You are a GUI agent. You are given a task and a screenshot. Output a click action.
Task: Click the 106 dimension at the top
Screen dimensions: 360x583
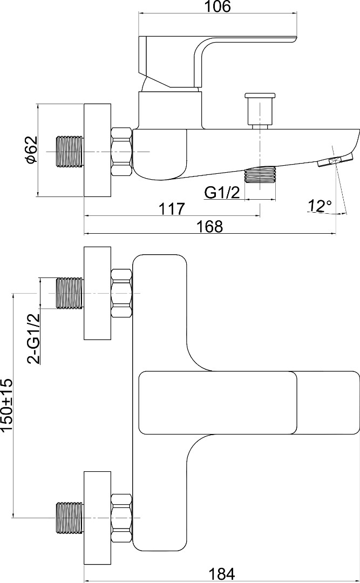click(x=219, y=6)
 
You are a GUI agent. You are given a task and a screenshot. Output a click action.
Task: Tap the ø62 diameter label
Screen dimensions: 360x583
click(x=32, y=150)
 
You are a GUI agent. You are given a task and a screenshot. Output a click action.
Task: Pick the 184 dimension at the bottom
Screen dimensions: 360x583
click(x=222, y=574)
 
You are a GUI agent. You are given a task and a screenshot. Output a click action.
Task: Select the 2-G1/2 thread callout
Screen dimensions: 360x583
click(x=33, y=338)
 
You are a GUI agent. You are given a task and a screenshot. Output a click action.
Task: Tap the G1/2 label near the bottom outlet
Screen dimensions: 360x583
click(x=222, y=193)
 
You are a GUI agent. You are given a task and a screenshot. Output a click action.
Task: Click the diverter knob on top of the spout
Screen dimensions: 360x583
click(x=260, y=111)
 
